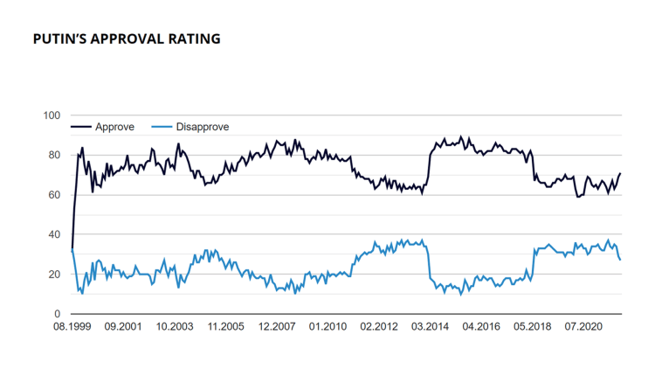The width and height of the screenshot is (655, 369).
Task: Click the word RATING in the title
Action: click(196, 39)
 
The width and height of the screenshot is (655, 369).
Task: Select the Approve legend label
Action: click(114, 127)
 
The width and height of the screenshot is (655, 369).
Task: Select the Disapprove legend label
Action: click(203, 127)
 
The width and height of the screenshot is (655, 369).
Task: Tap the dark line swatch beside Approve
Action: click(82, 127)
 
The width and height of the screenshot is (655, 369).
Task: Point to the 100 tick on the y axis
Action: click(52, 115)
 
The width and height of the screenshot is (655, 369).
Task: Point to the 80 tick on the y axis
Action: click(54, 156)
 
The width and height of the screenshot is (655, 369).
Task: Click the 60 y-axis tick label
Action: click(54, 195)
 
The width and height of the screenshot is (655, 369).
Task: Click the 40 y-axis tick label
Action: click(54, 234)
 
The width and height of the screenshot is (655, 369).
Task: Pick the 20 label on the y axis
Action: click(54, 275)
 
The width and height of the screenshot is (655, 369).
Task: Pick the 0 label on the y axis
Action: click(57, 314)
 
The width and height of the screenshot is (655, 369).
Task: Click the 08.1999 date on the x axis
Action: click(72, 326)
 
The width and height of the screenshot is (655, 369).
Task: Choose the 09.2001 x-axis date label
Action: click(122, 326)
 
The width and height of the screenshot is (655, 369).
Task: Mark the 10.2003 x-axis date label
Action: click(174, 326)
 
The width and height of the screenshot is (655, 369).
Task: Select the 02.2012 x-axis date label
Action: click(378, 326)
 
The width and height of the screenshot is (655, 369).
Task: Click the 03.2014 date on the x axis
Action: click(430, 326)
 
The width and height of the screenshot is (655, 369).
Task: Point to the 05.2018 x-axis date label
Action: click(532, 326)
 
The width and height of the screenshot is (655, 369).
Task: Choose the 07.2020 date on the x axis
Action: click(583, 326)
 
